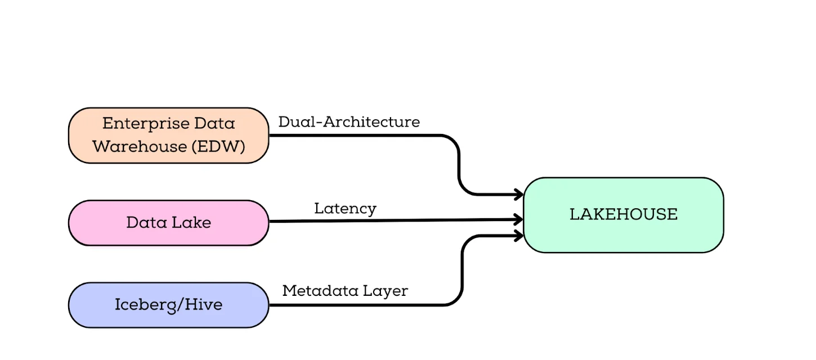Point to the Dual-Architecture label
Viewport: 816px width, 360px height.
pos(349,122)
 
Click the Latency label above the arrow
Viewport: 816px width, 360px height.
pos(345,209)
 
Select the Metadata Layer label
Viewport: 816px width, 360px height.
pos(345,291)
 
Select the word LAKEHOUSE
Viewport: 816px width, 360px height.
pos(624,214)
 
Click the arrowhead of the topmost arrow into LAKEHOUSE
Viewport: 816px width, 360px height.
pos(519,195)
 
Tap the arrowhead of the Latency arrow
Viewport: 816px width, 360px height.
pos(519,220)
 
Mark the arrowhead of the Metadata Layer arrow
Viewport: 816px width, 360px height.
pos(519,236)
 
